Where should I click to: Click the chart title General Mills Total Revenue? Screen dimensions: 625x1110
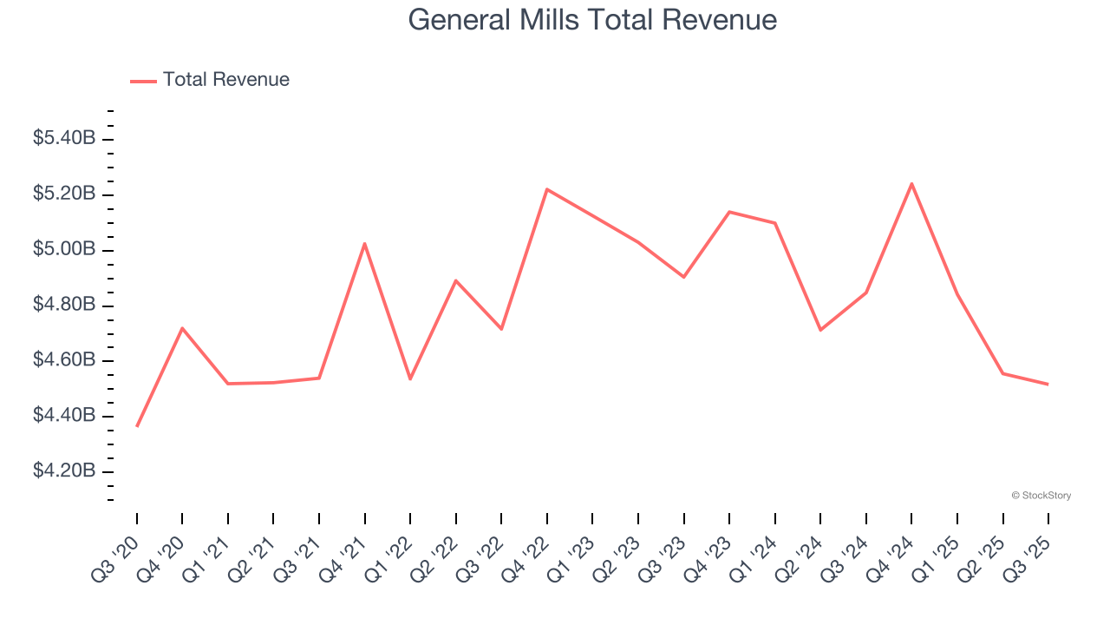point(592,19)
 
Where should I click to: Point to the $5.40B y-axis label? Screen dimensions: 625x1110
point(64,138)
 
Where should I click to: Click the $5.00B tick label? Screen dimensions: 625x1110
point(64,249)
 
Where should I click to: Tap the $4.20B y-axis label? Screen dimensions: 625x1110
point(64,470)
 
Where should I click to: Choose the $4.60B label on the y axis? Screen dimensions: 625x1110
point(64,359)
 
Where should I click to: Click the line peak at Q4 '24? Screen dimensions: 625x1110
point(911,183)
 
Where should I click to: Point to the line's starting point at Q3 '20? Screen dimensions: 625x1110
point(137,426)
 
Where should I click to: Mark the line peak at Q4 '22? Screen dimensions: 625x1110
point(547,189)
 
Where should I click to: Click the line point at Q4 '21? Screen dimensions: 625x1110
point(365,243)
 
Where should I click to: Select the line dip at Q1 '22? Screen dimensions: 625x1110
point(410,378)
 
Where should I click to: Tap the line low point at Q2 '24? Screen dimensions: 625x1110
point(820,330)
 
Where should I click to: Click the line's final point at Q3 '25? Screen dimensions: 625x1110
point(1048,384)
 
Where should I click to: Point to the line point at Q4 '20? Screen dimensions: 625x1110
point(182,328)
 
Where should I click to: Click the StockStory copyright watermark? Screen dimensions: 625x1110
point(1041,496)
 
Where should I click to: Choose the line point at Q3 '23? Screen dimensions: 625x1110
point(683,277)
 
